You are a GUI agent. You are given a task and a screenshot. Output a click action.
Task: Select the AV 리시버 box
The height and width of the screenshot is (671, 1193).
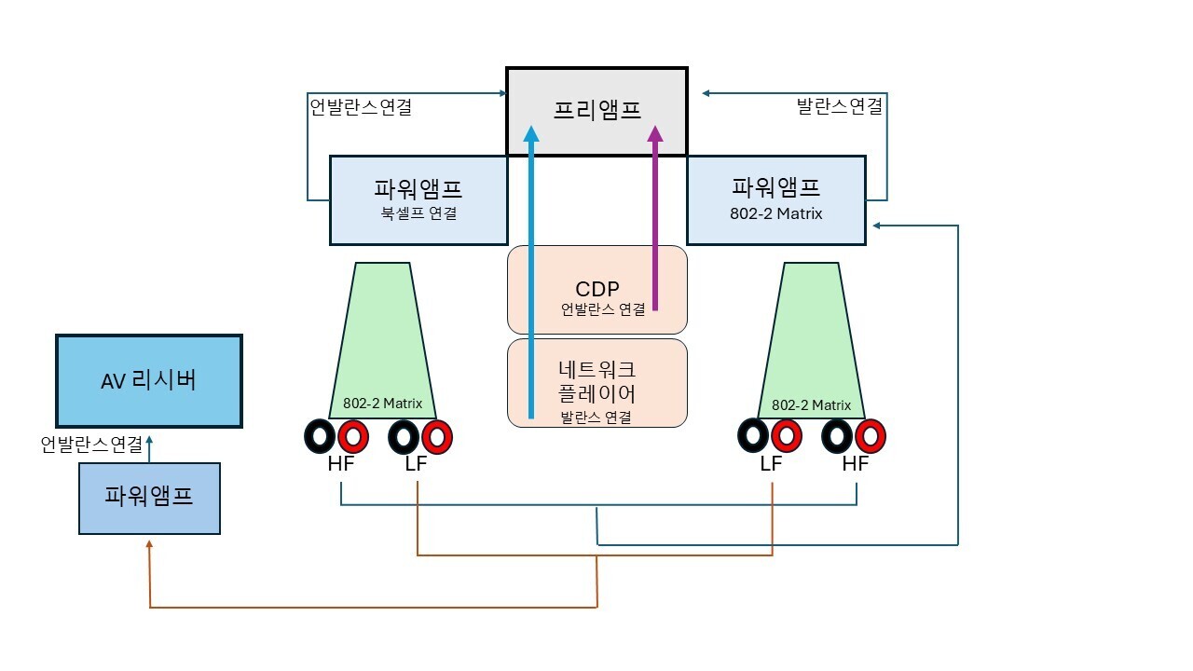(149, 380)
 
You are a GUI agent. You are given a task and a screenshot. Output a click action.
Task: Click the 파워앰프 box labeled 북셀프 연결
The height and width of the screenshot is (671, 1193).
(418, 199)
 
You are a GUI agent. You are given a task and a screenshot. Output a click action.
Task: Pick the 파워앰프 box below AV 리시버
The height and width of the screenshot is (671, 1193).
(149, 498)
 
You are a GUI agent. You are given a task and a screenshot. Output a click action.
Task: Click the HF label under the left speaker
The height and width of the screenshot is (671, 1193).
(341, 463)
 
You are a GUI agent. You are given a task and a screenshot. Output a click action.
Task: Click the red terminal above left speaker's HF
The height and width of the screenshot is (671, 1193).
(354, 435)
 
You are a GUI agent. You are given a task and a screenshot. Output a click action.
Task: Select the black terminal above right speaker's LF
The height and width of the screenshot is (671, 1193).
(754, 435)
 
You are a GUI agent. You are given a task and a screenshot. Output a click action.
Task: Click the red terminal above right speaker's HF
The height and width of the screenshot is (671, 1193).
(870, 435)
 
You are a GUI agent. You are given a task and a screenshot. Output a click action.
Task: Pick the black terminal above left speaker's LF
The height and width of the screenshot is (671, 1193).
(404, 435)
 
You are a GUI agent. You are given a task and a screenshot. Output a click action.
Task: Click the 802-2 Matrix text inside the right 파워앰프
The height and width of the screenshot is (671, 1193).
(776, 213)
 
